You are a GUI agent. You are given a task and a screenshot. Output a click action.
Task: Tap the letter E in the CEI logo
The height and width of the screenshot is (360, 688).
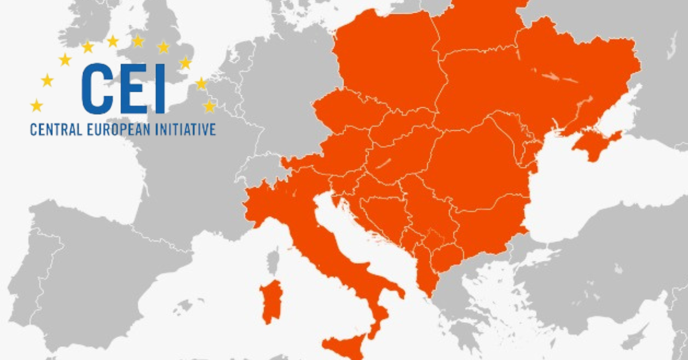tap(132, 88)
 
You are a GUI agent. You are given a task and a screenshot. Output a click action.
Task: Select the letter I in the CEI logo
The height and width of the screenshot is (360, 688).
tap(158, 88)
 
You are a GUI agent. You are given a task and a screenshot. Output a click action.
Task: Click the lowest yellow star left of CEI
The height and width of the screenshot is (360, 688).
tap(37, 105)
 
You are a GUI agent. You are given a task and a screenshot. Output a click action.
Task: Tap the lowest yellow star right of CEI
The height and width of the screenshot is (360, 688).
tap(209, 106)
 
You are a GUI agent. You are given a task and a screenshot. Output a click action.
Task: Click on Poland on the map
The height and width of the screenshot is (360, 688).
tap(384, 63)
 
